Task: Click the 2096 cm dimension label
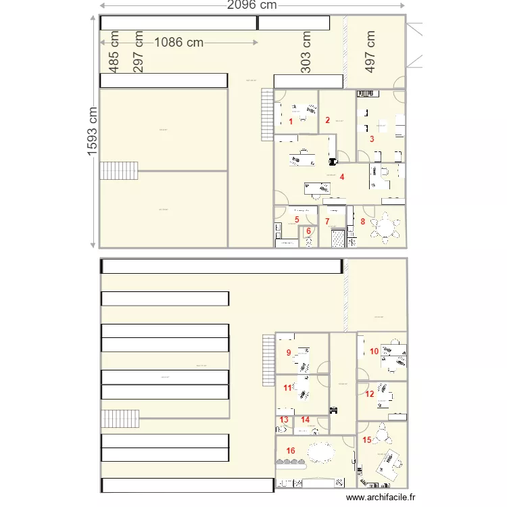point(251,6)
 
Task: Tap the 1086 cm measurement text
point(178,43)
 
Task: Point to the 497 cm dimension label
point(370,51)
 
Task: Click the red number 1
point(291,122)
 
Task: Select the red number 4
point(343,177)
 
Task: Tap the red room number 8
point(363,221)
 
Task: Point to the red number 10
point(374,351)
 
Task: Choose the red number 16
point(291,450)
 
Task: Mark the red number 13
point(284,420)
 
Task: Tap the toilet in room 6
point(309,241)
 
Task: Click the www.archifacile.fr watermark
point(381,498)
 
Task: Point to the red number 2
point(327,120)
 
